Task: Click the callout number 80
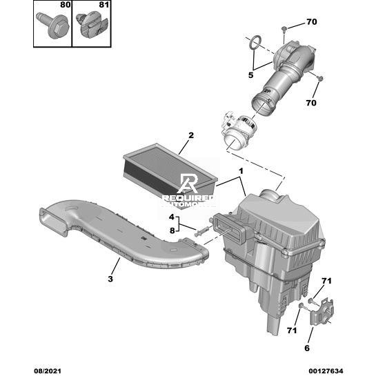[x=66, y=5]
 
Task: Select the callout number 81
[x=104, y=5]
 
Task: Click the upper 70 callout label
[x=312, y=22]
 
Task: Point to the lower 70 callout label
[x=311, y=103]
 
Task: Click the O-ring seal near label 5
[x=256, y=43]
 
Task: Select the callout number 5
[x=250, y=75]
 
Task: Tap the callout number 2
[x=191, y=135]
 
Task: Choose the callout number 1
[x=241, y=171]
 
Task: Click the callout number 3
[x=110, y=279]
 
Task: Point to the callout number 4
[x=172, y=217]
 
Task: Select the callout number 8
[x=172, y=230]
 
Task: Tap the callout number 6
[x=307, y=348]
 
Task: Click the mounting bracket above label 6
[x=322, y=312]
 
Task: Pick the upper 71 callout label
[x=326, y=281]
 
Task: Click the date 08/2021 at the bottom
[x=47, y=371]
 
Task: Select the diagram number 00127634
[x=326, y=371]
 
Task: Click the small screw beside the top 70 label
[x=284, y=29]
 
